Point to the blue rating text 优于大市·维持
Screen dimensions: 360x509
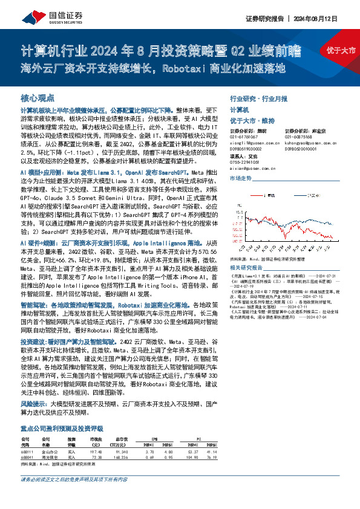tap(249, 121)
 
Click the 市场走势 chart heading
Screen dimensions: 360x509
tap(240, 180)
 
